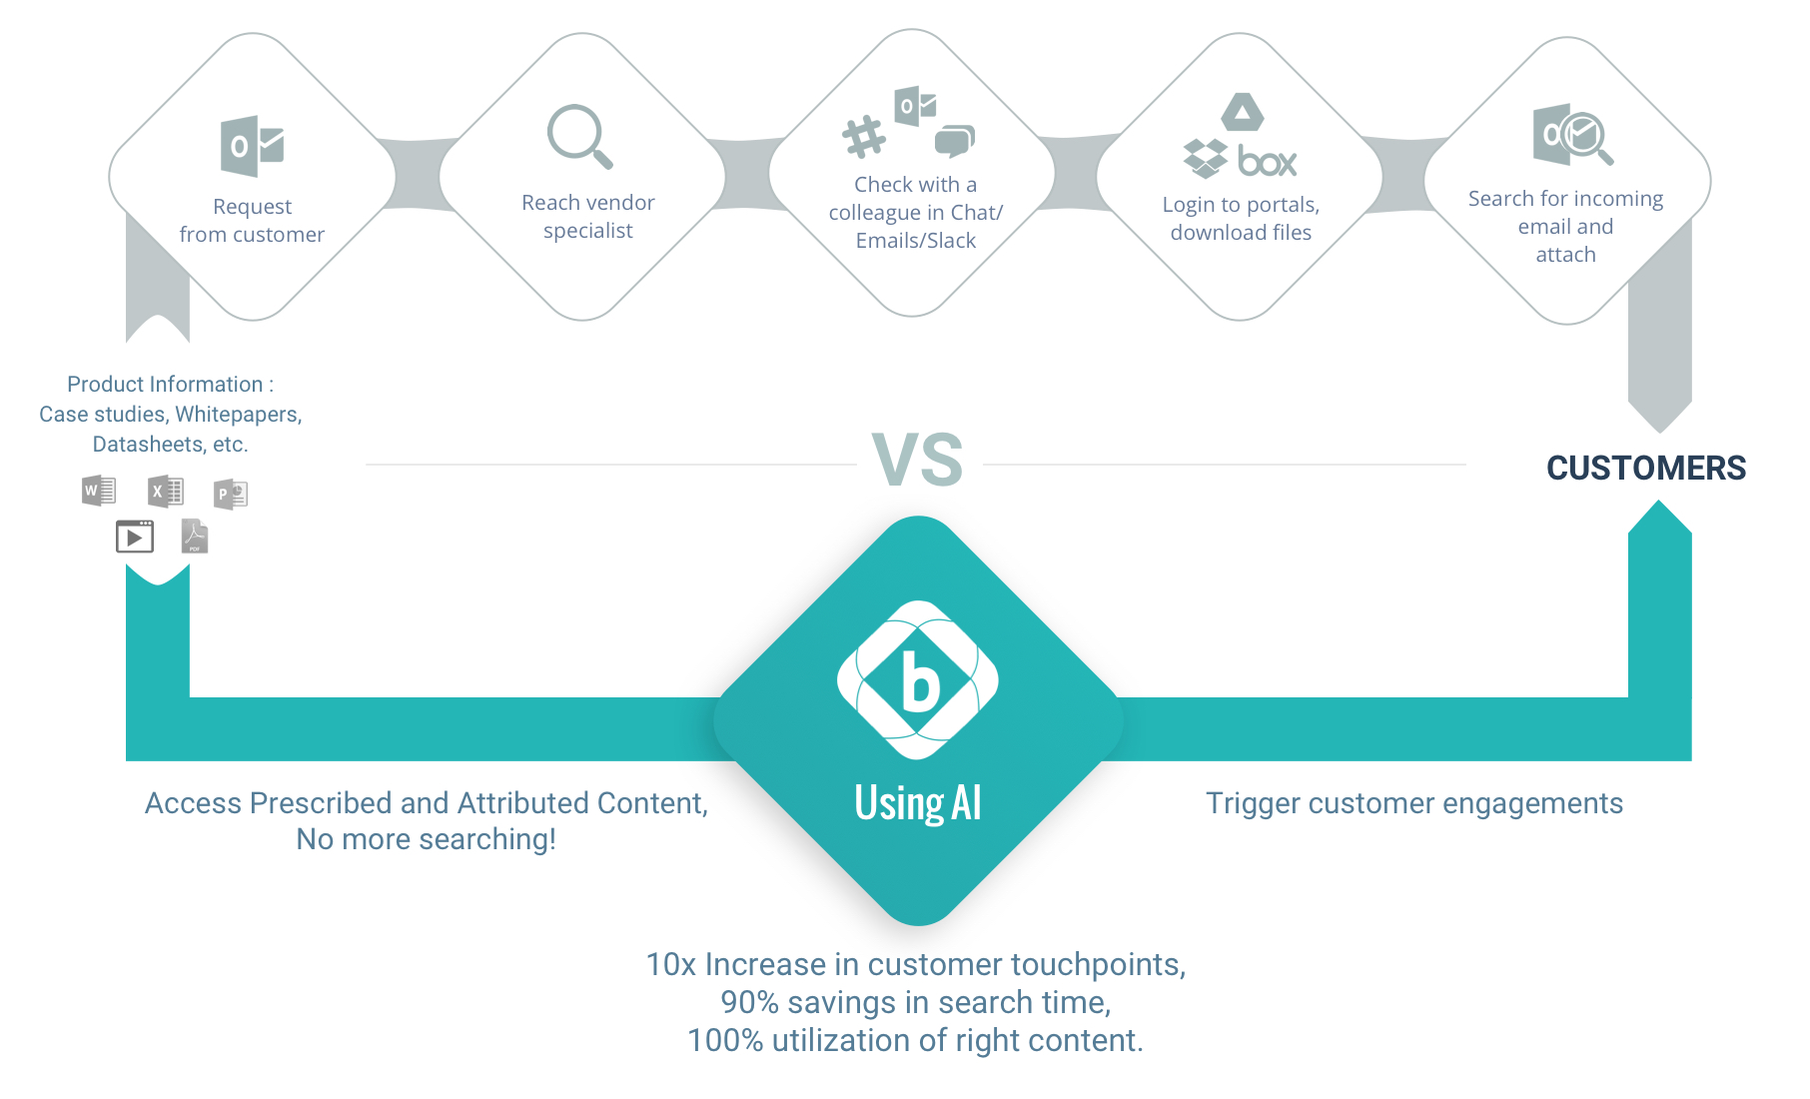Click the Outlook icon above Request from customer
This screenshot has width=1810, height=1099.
click(252, 146)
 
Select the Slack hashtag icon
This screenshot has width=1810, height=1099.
click(864, 137)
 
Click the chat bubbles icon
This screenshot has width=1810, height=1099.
click(954, 141)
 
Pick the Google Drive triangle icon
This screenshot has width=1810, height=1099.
click(1243, 112)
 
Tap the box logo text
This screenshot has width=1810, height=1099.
click(1267, 161)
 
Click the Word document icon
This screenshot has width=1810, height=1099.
click(99, 491)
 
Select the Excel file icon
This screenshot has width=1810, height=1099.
click(165, 492)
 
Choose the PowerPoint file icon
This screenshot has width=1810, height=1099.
click(231, 494)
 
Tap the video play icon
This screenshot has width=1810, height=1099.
click(135, 537)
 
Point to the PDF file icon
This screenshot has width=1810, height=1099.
click(195, 537)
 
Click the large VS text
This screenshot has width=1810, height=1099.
click(917, 460)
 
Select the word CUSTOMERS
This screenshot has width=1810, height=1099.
click(1646, 468)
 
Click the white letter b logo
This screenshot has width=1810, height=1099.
click(918, 680)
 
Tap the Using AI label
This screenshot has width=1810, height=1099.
click(918, 802)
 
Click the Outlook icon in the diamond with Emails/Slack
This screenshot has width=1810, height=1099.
click(915, 106)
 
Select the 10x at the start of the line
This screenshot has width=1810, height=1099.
click(671, 964)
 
